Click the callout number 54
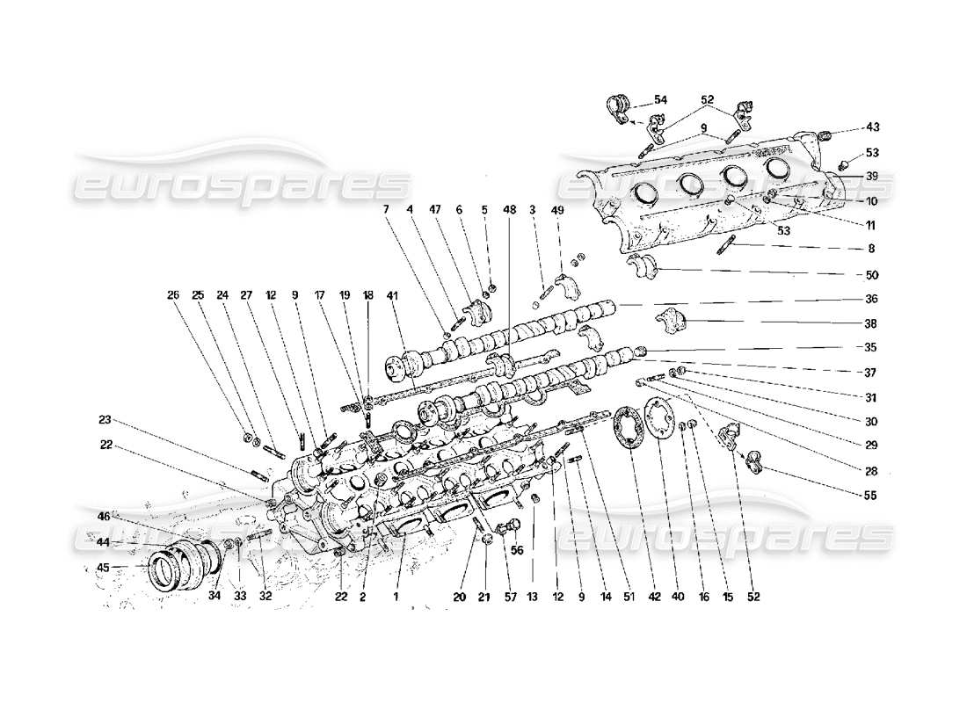660,100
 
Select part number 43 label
871,127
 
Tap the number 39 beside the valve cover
871,177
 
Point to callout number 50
871,274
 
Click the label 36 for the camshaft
871,299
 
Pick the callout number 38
871,323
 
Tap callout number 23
105,418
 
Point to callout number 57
507,597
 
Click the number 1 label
396,597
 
